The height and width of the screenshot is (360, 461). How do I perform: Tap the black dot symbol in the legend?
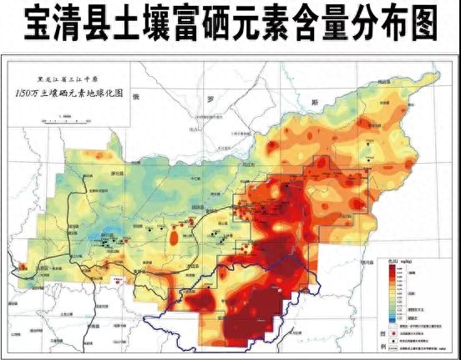[x=394, y=342]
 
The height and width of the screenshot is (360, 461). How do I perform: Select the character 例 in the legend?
[x=382, y=346]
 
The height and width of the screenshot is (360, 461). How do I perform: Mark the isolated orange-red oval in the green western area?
[x=174, y=239]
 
